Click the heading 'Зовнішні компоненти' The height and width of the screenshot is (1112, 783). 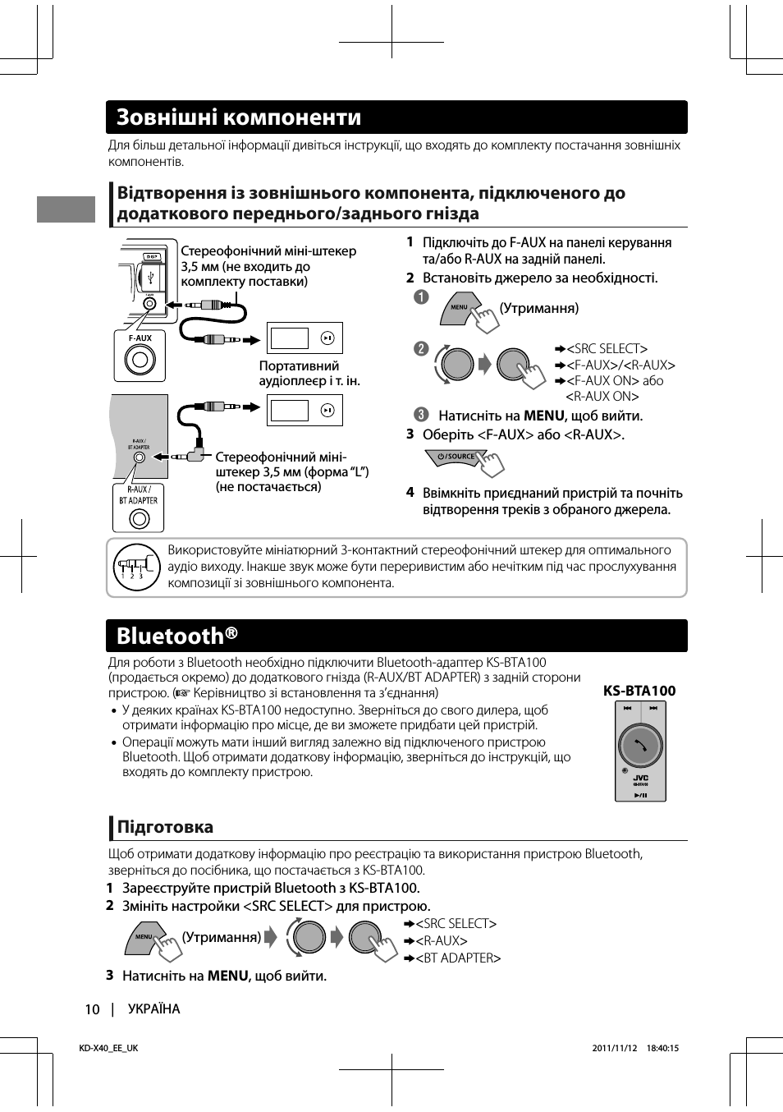pyautogui.click(x=239, y=117)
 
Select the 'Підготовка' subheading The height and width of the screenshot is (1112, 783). pyautogui.click(x=165, y=827)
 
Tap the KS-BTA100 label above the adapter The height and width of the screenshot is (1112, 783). pyautogui.click(x=639, y=691)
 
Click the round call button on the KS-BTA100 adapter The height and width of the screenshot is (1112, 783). pyautogui.click(x=640, y=746)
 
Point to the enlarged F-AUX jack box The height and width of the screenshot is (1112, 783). pyautogui.click(x=140, y=356)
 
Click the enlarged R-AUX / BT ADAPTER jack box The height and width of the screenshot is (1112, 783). pyautogui.click(x=139, y=508)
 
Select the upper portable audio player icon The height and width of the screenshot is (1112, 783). pyautogui.click(x=304, y=338)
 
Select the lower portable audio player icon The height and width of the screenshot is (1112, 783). pyautogui.click(x=304, y=411)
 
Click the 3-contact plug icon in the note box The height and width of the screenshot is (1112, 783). pyautogui.click(x=136, y=567)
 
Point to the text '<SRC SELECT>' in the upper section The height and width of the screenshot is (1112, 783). pyautogui.click(x=607, y=349)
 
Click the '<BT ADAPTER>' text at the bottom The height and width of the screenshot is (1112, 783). pyautogui.click(x=458, y=958)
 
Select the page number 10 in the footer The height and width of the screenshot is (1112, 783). pyautogui.click(x=92, y=1009)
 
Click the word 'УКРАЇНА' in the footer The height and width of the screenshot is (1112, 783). pyautogui.click(x=153, y=1009)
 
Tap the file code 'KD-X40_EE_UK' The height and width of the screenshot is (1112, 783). pyautogui.click(x=108, y=1048)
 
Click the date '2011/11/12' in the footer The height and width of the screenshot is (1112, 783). pyautogui.click(x=615, y=1048)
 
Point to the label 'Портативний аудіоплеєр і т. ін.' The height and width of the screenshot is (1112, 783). pyautogui.click(x=309, y=373)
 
